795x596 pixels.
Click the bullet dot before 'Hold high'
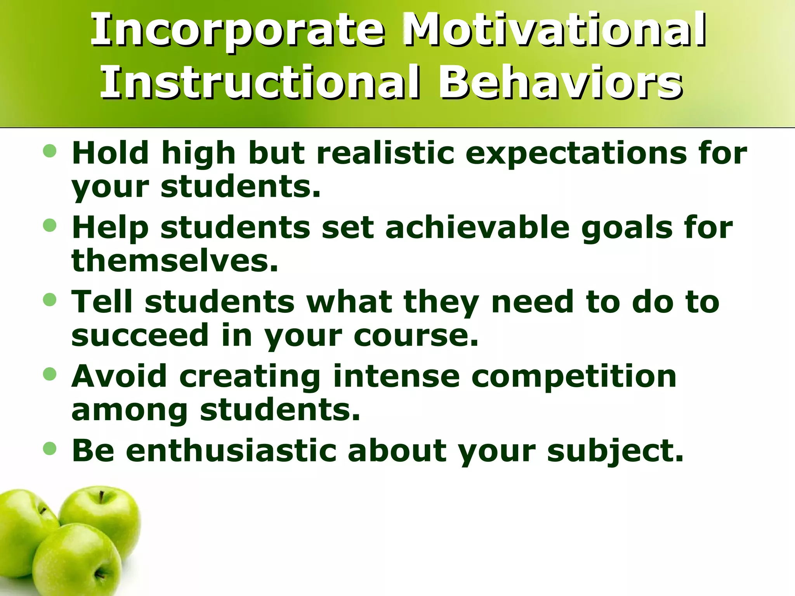click(x=50, y=151)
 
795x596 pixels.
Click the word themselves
click(x=175, y=261)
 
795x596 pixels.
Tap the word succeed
click(x=140, y=335)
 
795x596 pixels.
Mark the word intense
click(x=396, y=376)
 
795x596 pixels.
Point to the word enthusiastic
click(x=231, y=451)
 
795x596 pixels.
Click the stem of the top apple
click(x=101, y=497)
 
